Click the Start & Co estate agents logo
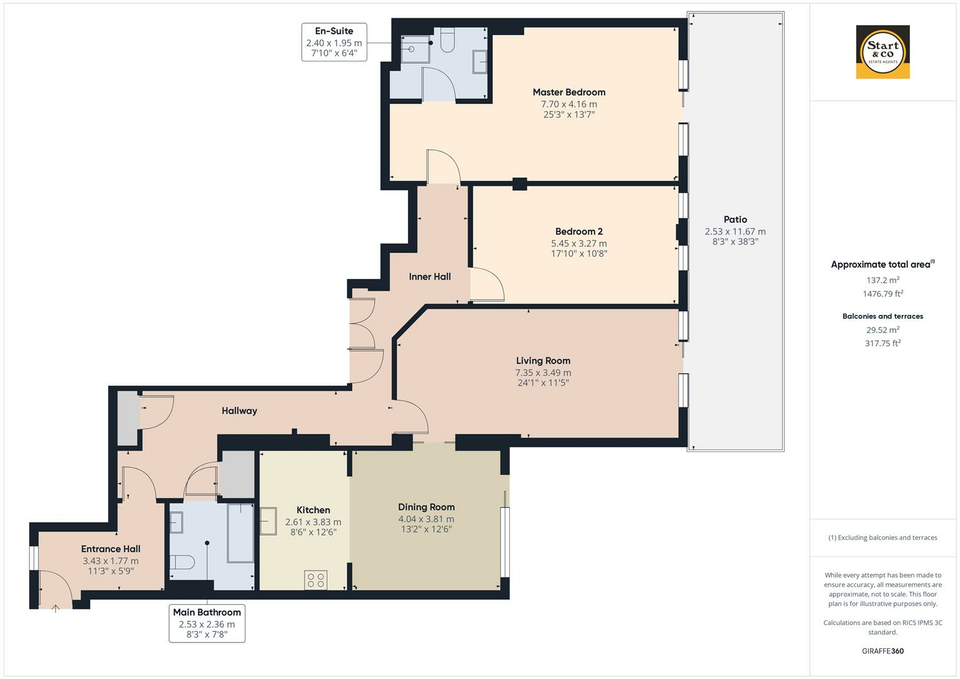tap(883, 52)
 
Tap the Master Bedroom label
tap(569, 92)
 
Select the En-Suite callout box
tap(334, 42)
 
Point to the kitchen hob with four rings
tap(316, 580)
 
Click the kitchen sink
tap(268, 521)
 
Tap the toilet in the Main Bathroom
tap(182, 562)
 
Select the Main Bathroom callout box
tap(207, 623)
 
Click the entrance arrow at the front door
tap(55, 609)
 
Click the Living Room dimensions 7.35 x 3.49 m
tap(543, 373)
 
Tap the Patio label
tap(735, 219)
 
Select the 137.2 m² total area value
tap(883, 280)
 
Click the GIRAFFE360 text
tap(883, 651)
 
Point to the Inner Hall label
tap(429, 277)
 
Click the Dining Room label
tap(426, 507)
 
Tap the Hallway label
tap(239, 411)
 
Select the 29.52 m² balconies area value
tap(883, 329)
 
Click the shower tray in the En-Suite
tap(415, 49)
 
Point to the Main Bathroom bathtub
tap(240, 533)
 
